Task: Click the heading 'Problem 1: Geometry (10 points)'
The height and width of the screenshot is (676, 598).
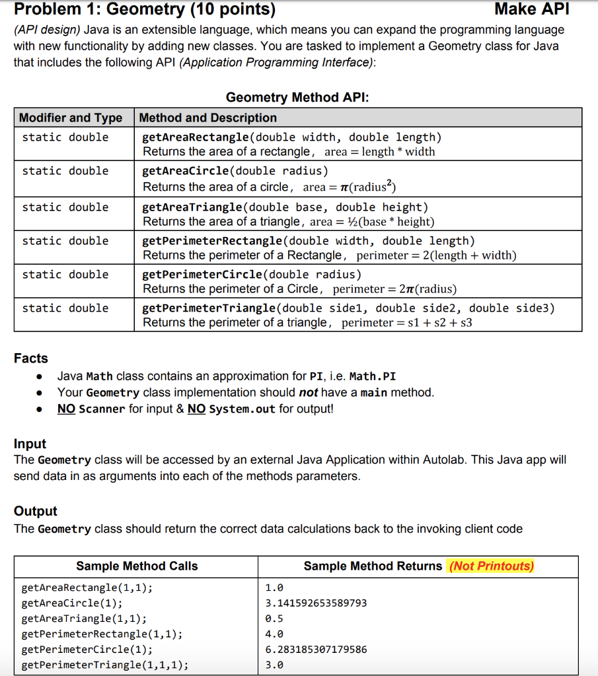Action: pos(145,10)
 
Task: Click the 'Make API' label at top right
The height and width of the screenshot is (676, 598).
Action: pos(531,10)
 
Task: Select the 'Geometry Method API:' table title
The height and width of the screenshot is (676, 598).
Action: pos(297,98)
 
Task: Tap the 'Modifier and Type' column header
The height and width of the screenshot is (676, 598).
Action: pos(71,118)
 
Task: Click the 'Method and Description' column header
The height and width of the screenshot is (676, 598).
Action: pos(208,118)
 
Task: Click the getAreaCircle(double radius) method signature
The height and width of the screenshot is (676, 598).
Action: pos(235,171)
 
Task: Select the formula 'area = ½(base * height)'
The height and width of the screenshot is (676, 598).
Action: pos(372,222)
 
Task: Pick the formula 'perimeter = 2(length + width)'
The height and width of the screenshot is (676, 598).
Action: pos(436,255)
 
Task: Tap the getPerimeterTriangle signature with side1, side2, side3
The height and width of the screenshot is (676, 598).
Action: pos(349,308)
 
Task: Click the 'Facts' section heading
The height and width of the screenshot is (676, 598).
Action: pos(31,358)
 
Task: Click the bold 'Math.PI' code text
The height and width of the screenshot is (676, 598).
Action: pos(372,376)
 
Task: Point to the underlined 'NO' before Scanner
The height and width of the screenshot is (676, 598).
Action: pos(66,409)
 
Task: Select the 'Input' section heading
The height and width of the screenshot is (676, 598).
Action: pos(30,444)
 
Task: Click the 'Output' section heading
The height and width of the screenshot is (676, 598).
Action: pos(36,511)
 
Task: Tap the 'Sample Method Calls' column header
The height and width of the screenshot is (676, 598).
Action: pos(137,566)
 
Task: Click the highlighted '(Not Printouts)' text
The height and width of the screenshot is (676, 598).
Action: pos(491,566)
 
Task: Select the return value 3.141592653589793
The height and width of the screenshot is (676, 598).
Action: pos(316,603)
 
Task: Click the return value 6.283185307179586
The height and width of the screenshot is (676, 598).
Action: pos(316,650)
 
